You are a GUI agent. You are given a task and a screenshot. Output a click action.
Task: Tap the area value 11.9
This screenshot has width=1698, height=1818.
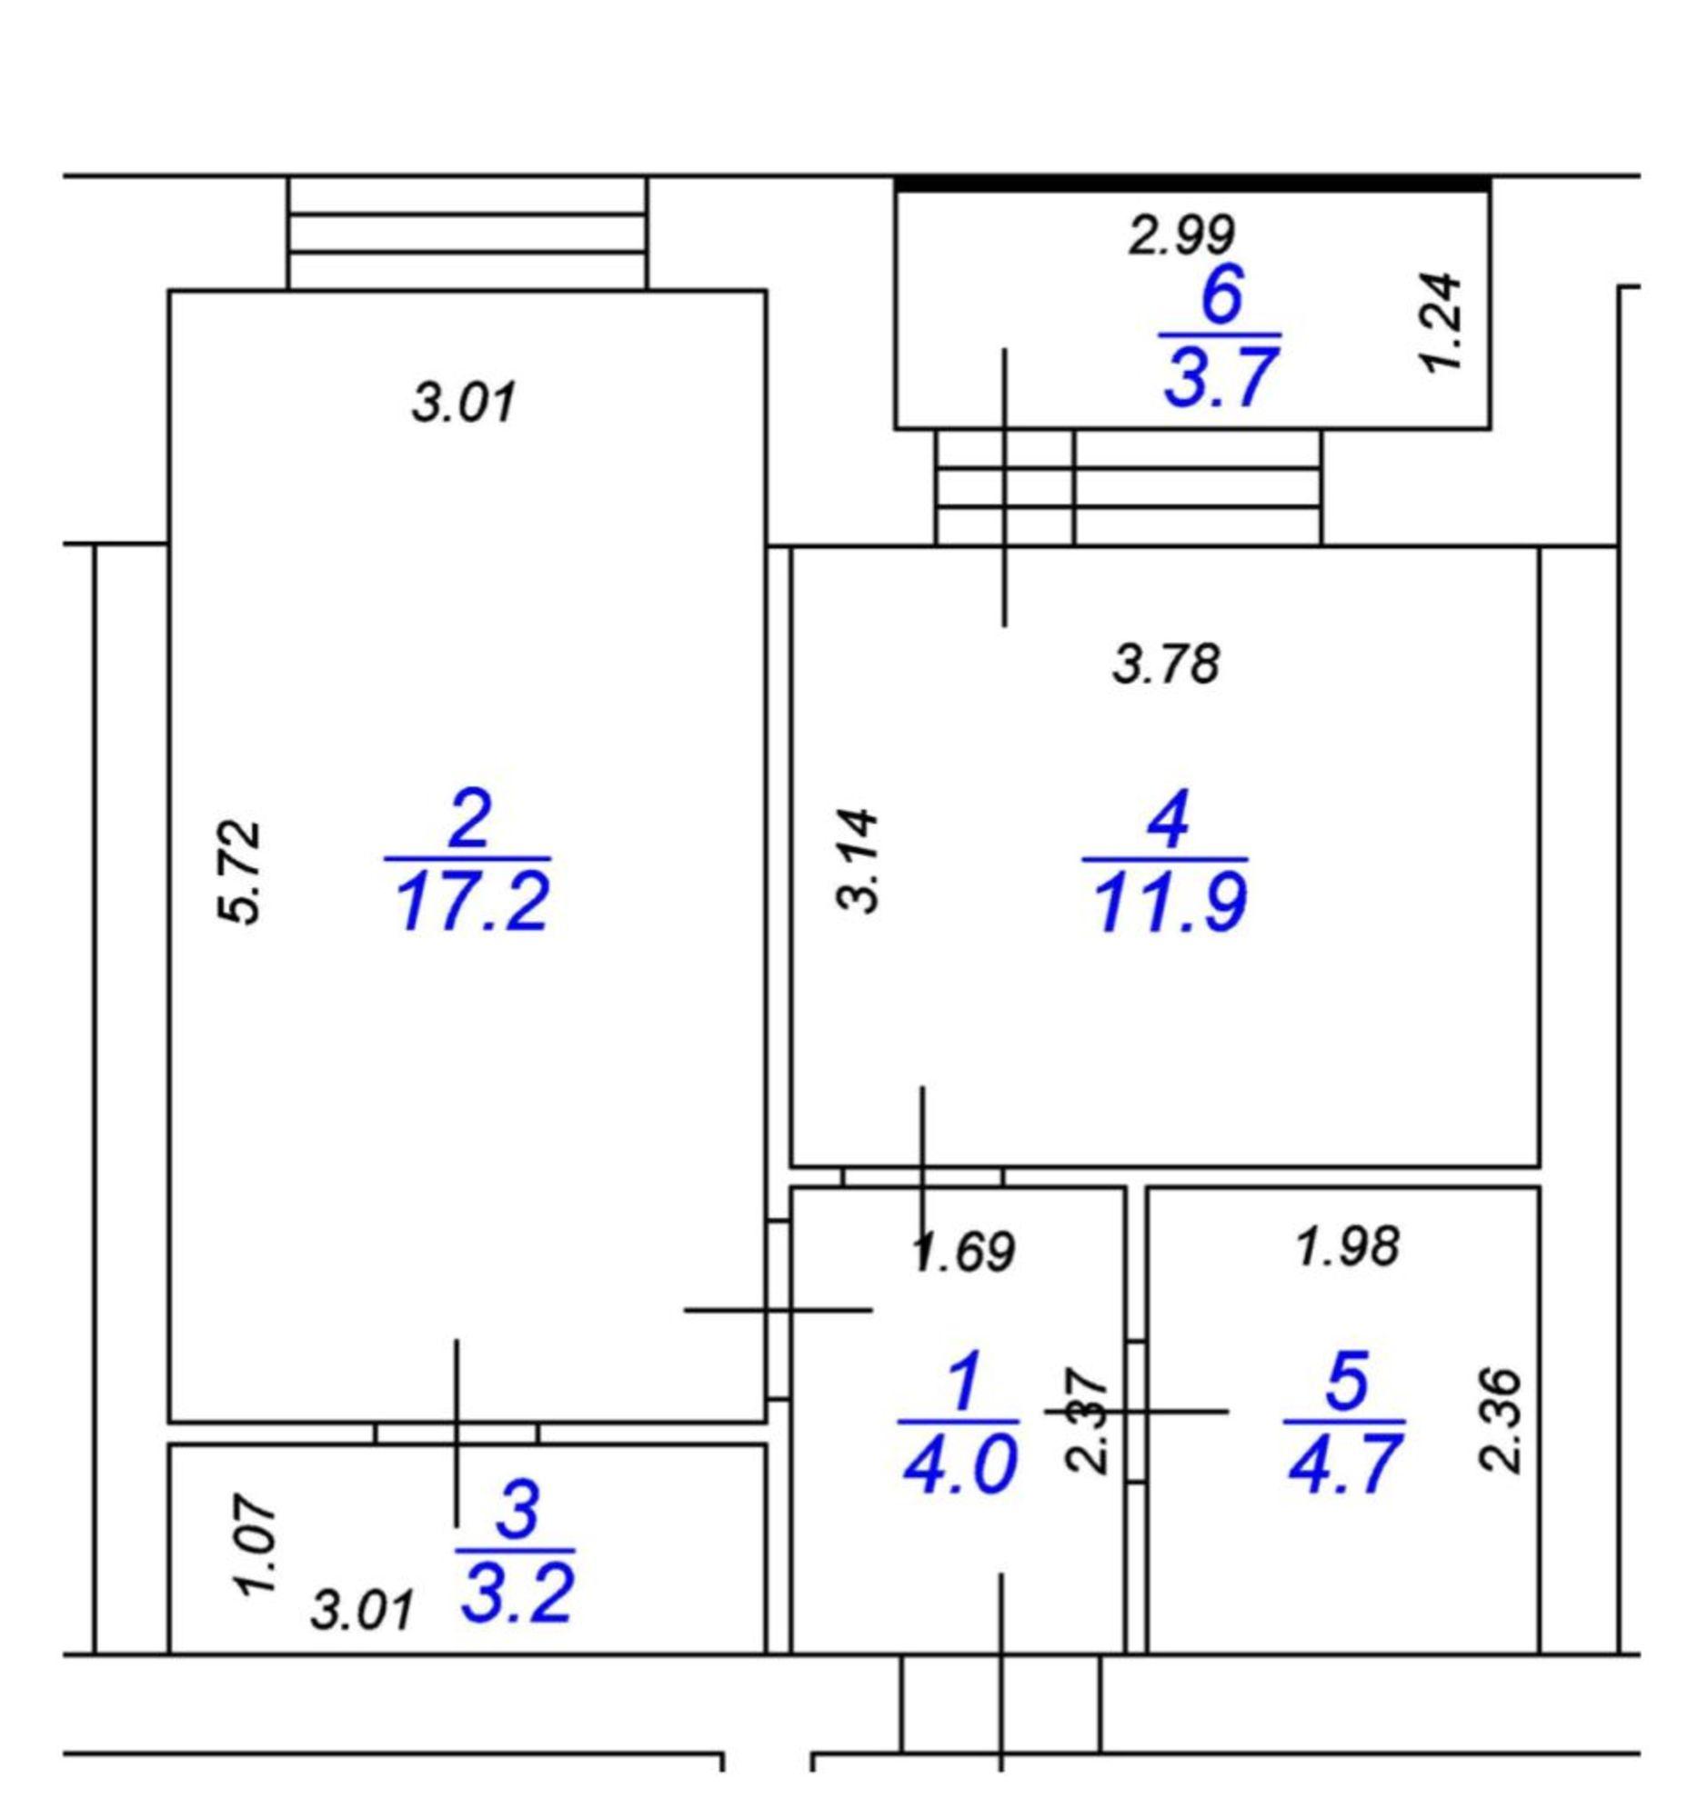click(x=1169, y=903)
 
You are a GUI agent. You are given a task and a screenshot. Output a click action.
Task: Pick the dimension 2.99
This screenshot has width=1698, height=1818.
click(x=1181, y=235)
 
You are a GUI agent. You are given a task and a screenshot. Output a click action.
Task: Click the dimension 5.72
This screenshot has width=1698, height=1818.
click(x=239, y=872)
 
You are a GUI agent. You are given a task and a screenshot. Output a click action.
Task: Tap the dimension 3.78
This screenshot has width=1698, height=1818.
click(x=1166, y=664)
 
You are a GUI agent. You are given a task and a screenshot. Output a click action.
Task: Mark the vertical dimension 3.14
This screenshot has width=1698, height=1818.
click(x=859, y=860)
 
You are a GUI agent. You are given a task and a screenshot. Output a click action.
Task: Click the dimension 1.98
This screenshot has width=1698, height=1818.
click(x=1349, y=1246)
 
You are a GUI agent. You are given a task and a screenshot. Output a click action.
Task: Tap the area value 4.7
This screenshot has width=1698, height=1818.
click(x=1344, y=1464)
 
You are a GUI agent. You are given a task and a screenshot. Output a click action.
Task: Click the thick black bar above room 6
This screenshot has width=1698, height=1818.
click(x=1192, y=184)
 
